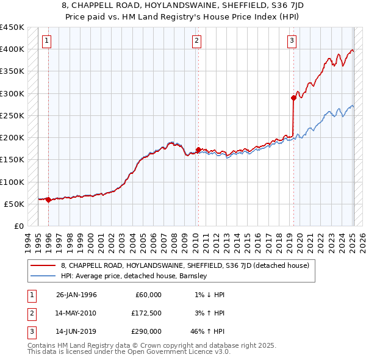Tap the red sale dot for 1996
[x=48, y=200]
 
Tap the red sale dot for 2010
[x=198, y=149]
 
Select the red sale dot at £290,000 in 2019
[x=293, y=98]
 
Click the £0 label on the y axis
[x=19, y=226]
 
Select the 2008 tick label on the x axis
[x=174, y=240]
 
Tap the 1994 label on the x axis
[x=28, y=240]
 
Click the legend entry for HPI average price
[x=134, y=276]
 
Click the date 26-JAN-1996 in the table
[x=76, y=295]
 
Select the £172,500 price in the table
[x=147, y=313]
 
